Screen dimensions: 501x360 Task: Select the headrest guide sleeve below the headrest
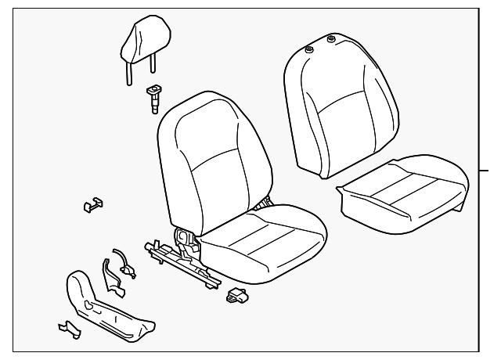tap(153, 97)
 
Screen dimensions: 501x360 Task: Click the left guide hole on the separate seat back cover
tap(310, 49)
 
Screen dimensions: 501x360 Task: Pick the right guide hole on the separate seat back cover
tap(331, 40)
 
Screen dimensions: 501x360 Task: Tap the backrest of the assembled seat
tap(207, 157)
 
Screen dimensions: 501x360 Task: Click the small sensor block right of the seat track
tap(236, 296)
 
